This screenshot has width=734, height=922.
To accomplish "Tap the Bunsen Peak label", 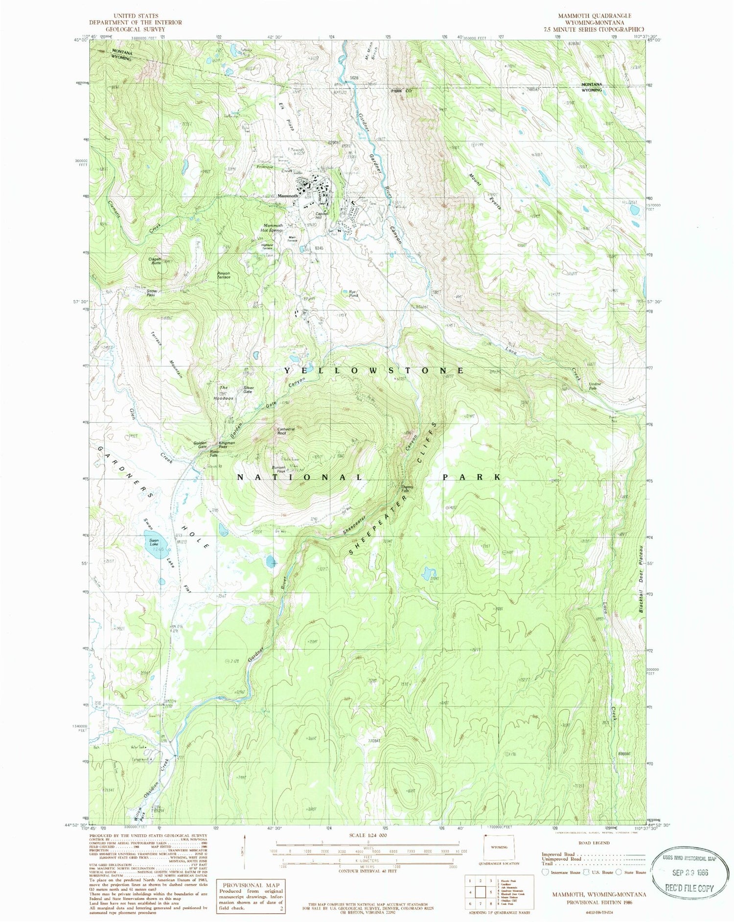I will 279,469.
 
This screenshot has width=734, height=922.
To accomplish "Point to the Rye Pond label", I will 353,293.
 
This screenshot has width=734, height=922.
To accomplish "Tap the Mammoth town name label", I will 287,196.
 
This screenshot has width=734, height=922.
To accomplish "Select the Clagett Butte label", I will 155,261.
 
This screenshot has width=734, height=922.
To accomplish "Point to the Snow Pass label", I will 151,293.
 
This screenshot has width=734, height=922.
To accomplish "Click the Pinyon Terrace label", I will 223,275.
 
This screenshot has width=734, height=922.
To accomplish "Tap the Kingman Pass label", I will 227,444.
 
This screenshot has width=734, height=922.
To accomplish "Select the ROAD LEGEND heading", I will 594,843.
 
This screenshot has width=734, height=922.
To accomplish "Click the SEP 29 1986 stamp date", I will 689,873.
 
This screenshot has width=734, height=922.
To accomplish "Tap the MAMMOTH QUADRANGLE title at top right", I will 595,16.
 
